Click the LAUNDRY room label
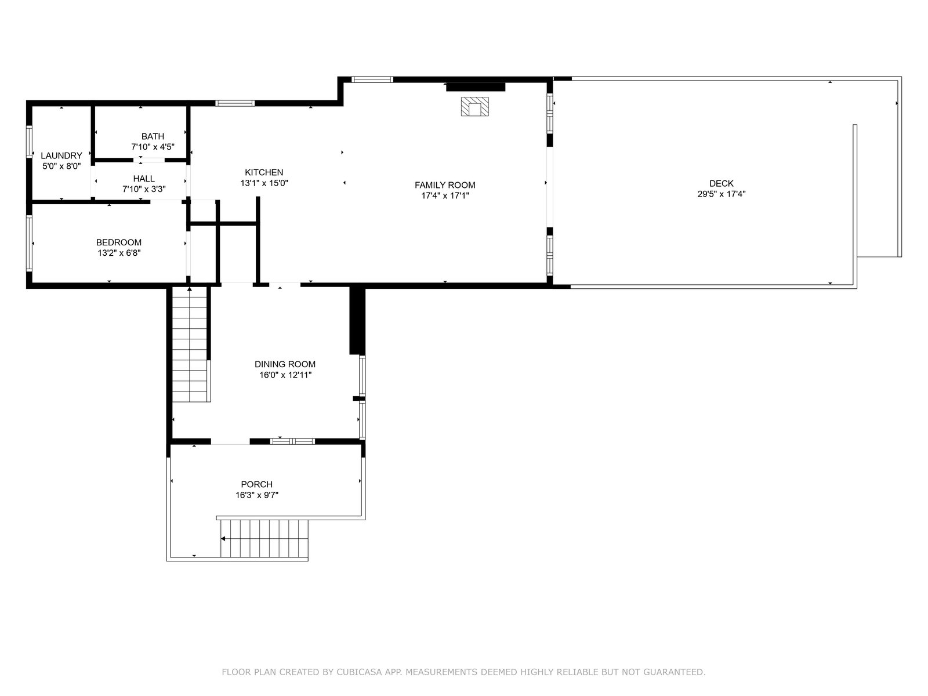(x=61, y=155)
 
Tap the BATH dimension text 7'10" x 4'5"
(x=153, y=147)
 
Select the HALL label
(x=144, y=178)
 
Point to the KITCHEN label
(x=264, y=172)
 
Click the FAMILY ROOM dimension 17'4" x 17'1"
(x=445, y=195)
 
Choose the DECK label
(x=722, y=183)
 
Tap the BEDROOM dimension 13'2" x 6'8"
(x=119, y=253)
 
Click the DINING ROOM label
(x=285, y=364)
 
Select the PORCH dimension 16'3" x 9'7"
(x=256, y=495)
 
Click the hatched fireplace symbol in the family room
(x=475, y=107)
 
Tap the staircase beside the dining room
(x=190, y=344)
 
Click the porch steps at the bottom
(x=264, y=538)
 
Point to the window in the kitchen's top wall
(x=235, y=103)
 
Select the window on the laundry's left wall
(x=29, y=142)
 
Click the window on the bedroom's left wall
(x=29, y=243)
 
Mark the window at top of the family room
(x=372, y=79)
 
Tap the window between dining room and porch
(x=292, y=441)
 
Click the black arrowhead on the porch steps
(x=223, y=538)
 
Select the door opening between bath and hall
(x=149, y=160)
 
